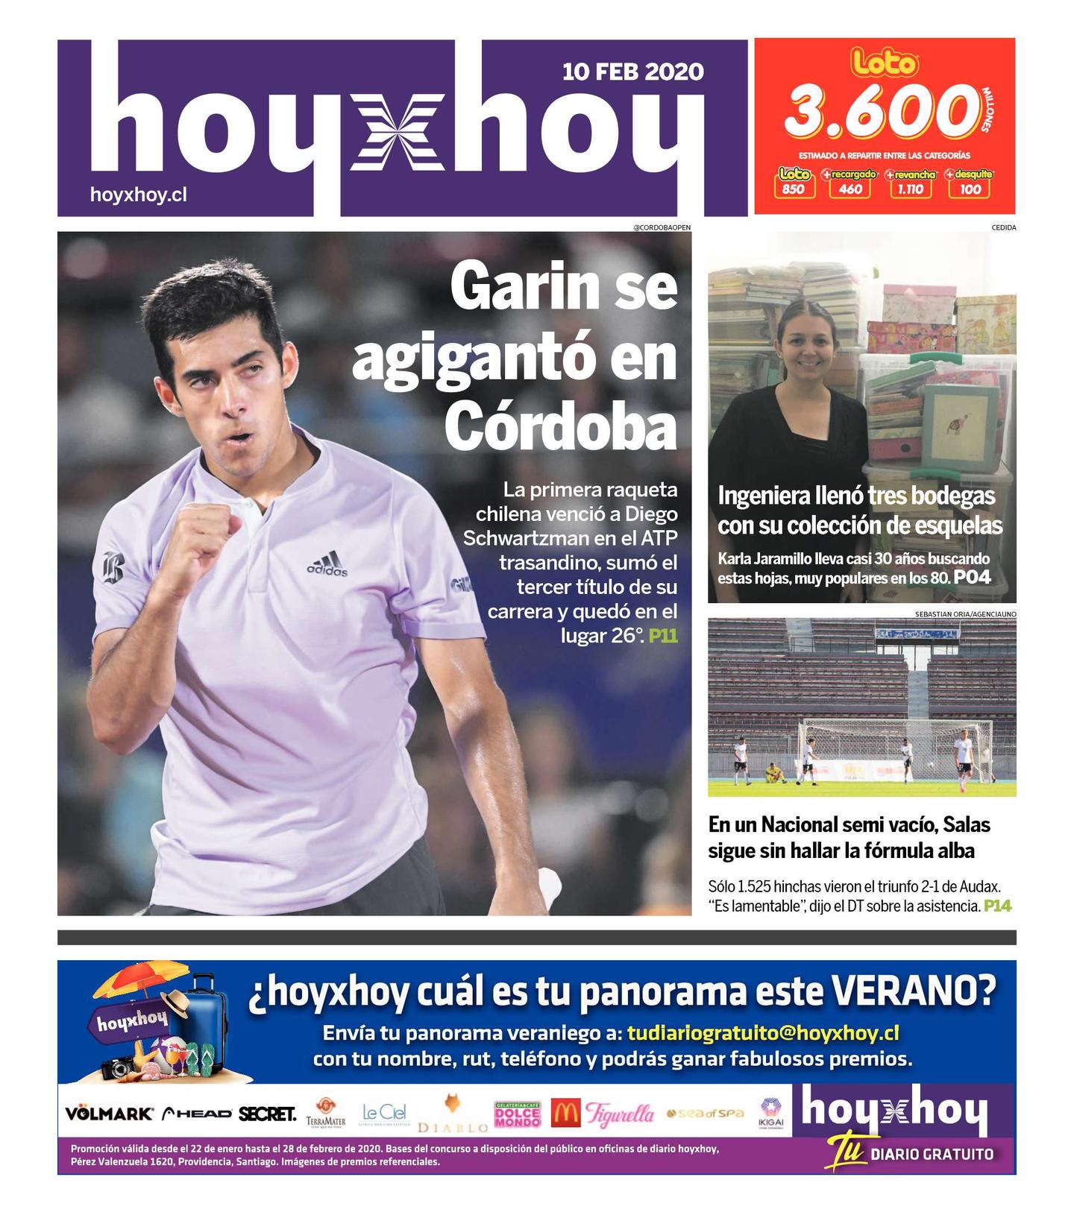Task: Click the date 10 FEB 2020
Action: pyautogui.click(x=632, y=72)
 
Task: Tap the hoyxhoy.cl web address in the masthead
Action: pyautogui.click(x=138, y=195)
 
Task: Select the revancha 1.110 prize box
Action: pyautogui.click(x=910, y=183)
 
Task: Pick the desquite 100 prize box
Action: pyautogui.click(x=970, y=183)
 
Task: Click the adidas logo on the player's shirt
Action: pyautogui.click(x=327, y=564)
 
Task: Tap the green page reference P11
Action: pyautogui.click(x=663, y=636)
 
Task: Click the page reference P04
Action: pyautogui.click(x=973, y=578)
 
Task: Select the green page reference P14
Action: pyautogui.click(x=998, y=906)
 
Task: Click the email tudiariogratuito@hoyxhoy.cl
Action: pyautogui.click(x=762, y=1033)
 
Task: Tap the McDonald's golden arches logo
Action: pyautogui.click(x=565, y=1114)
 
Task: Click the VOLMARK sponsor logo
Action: pyautogui.click(x=109, y=1114)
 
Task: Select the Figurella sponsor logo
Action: pyautogui.click(x=620, y=1114)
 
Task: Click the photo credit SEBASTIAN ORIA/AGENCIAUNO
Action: pyautogui.click(x=965, y=614)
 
